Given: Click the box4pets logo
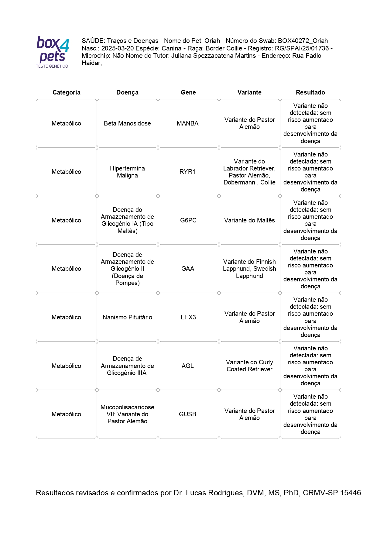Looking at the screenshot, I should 53,52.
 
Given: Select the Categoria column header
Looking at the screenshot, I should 66,92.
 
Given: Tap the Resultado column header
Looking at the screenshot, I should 310,92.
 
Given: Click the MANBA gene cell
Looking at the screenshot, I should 188,123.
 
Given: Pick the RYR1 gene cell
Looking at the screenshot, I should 188,172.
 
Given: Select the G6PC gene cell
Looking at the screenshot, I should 188,220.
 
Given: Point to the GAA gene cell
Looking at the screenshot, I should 188,269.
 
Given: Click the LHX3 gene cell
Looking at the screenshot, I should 188,317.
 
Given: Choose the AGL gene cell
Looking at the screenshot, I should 188,366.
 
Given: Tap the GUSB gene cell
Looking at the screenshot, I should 188,414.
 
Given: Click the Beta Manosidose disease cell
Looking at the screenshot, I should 127,123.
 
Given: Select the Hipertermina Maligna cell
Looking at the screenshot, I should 127,172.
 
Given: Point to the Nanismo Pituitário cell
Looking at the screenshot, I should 127,317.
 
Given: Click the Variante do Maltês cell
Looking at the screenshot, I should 249,220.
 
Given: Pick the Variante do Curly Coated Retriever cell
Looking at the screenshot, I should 249,366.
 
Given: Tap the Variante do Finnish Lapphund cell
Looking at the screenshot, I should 249,269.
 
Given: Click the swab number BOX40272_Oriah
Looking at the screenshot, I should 303,41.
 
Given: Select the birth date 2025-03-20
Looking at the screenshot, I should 118,48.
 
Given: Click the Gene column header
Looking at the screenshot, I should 188,92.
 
